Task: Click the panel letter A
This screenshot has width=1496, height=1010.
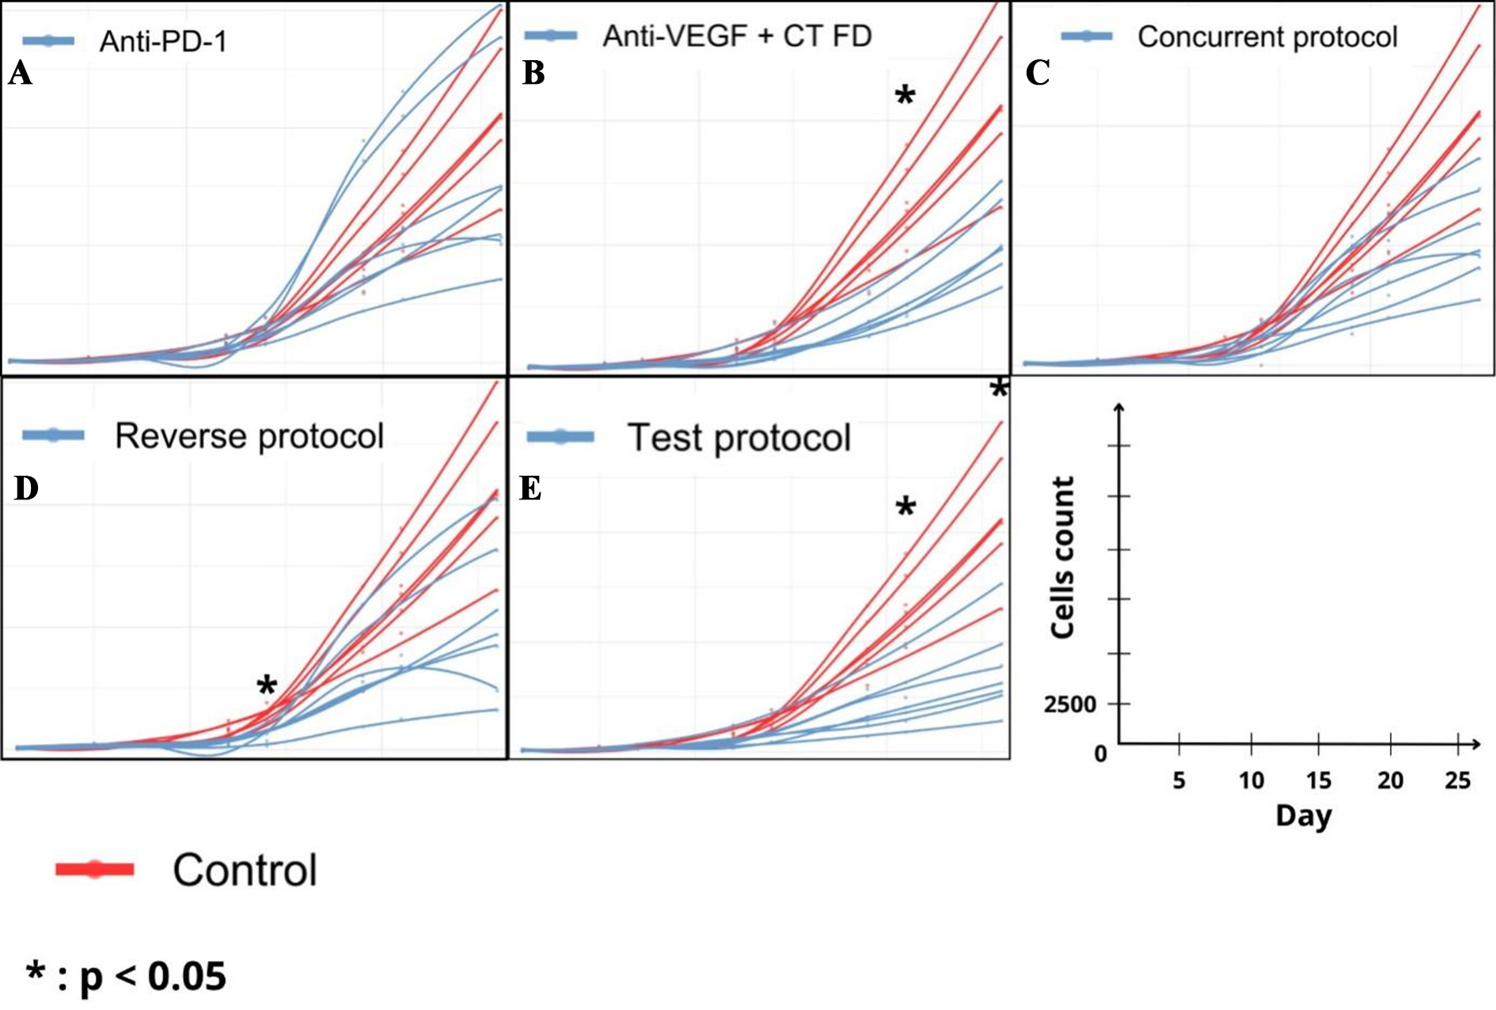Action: (21, 74)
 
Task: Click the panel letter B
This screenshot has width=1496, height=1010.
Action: (533, 73)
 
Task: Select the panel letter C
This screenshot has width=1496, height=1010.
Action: (1037, 73)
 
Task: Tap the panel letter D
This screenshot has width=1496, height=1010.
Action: (26, 488)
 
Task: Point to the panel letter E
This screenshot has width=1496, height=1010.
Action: (530, 488)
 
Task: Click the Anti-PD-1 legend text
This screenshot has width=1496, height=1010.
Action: (163, 41)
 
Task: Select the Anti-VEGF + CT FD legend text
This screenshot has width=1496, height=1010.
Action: (737, 36)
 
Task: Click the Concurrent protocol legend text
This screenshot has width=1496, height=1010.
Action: (1267, 37)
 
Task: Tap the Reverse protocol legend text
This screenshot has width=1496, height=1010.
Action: (249, 436)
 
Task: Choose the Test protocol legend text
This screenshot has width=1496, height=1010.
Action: (739, 438)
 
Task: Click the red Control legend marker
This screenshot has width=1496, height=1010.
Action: (95, 869)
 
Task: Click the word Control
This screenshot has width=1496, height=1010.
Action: (245, 870)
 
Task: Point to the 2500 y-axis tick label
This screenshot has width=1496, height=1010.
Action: (1069, 704)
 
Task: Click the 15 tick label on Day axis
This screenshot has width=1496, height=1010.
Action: (1318, 781)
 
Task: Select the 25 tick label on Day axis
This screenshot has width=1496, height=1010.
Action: (1457, 781)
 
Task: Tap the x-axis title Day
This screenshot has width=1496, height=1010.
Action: (1303, 816)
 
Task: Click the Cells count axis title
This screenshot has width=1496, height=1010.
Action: (1062, 557)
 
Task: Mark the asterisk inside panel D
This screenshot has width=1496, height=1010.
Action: (267, 686)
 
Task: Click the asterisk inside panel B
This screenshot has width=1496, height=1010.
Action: (905, 97)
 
